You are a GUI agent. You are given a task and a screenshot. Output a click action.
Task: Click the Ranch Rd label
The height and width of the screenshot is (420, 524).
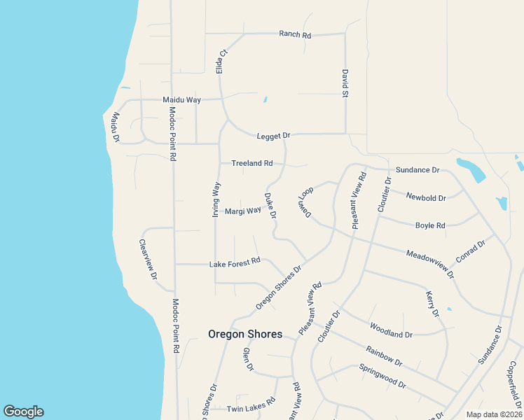[294, 34]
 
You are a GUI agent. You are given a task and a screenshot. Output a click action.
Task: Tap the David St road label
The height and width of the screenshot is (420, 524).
[345, 83]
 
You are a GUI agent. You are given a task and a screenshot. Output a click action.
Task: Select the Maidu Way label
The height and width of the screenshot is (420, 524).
[181, 100]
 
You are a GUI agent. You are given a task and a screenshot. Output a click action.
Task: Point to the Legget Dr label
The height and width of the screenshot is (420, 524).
[273, 135]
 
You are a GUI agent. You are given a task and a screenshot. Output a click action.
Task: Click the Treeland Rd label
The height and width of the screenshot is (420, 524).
[251, 163]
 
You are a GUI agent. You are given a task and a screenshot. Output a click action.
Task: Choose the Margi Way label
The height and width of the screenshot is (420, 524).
[242, 210]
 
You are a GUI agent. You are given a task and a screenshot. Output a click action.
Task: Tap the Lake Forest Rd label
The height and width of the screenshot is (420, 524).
[235, 263]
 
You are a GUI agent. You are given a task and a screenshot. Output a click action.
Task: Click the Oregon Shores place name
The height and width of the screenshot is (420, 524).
[245, 334]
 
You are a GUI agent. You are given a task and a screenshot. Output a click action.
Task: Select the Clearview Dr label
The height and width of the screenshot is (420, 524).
[147, 260]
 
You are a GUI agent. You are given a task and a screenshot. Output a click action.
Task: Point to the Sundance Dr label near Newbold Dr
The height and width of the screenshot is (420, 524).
[417, 170]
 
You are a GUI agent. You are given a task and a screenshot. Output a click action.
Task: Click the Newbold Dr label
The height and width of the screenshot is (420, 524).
[427, 198]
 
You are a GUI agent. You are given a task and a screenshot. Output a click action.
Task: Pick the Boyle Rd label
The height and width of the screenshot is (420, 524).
[430, 225]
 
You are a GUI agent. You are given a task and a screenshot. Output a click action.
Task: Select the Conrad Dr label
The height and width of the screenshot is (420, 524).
[470, 252]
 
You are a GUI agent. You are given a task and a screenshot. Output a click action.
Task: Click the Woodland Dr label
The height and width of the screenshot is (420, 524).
[390, 330]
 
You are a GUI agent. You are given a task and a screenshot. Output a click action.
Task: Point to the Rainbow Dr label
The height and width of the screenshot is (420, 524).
[384, 356]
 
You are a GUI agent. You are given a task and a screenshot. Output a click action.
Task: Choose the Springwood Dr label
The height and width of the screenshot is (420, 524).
[382, 376]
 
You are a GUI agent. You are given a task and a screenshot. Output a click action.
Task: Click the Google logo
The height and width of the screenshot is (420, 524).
[23, 412]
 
